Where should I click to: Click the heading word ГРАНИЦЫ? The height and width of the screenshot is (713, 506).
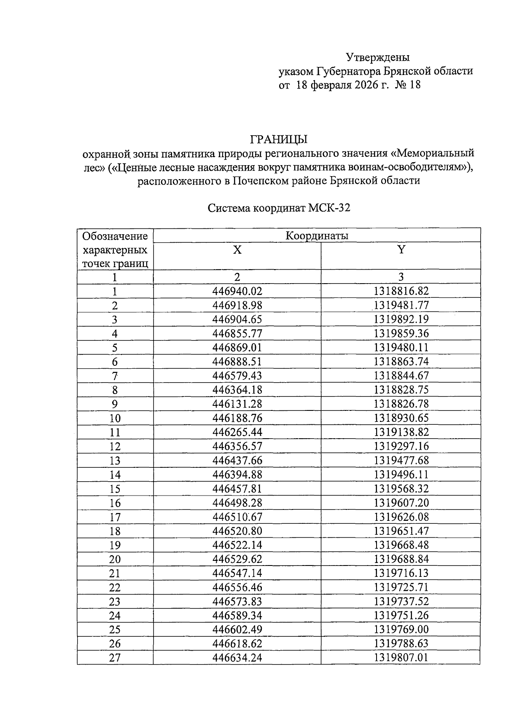tap(279, 139)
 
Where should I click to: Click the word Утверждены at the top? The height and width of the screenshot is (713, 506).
tap(377, 57)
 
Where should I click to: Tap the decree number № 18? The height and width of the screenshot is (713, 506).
tap(408, 85)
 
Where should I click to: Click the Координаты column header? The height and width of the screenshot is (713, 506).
tap(317, 236)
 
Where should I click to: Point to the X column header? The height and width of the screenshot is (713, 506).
tap(237, 250)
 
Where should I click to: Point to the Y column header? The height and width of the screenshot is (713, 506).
tap(401, 250)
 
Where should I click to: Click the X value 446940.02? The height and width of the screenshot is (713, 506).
tap(237, 291)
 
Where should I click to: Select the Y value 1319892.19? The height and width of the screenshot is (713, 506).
tap(401, 319)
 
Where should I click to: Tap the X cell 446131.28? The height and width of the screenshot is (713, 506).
tap(237, 404)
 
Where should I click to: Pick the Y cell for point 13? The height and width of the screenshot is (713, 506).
tap(401, 461)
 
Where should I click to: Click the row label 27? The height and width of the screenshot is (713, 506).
tap(115, 658)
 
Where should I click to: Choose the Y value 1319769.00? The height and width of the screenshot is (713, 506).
tap(401, 630)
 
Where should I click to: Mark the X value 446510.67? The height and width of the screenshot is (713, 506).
tap(237, 517)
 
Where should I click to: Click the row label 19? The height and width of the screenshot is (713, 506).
tap(115, 545)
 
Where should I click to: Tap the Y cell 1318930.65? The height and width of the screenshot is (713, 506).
tap(401, 418)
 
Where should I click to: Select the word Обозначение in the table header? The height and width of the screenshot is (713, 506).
tap(115, 236)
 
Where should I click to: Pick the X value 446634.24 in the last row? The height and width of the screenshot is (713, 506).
tap(237, 658)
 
